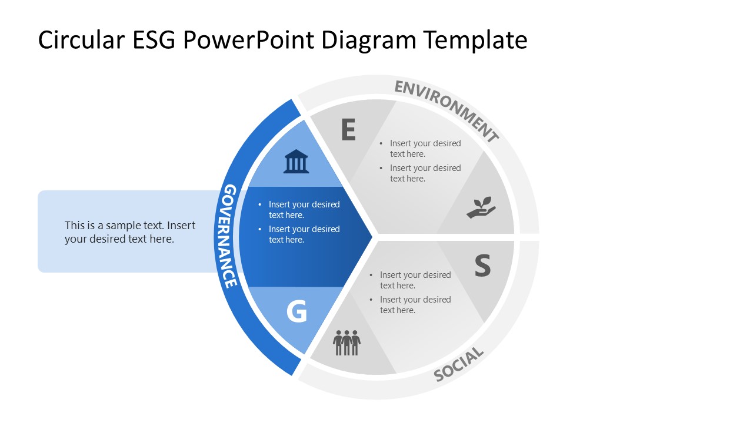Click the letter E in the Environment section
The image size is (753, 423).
point(348,130)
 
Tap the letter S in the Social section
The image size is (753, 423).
point(482,266)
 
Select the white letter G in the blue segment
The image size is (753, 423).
point(296,312)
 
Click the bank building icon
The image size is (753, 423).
point(296,162)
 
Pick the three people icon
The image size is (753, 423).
point(346,343)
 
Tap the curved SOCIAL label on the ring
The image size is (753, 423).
point(459,365)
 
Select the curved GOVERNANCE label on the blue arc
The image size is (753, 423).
point(230,236)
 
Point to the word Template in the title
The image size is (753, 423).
point(476,40)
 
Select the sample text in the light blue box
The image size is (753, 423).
point(129,232)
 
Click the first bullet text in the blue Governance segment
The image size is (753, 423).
point(304,210)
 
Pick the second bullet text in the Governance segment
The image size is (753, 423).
point(304,234)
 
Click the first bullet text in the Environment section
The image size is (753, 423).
point(425,149)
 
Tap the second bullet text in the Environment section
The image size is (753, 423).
point(425,173)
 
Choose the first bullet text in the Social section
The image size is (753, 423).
point(415,280)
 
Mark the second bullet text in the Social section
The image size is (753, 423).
point(415,305)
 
